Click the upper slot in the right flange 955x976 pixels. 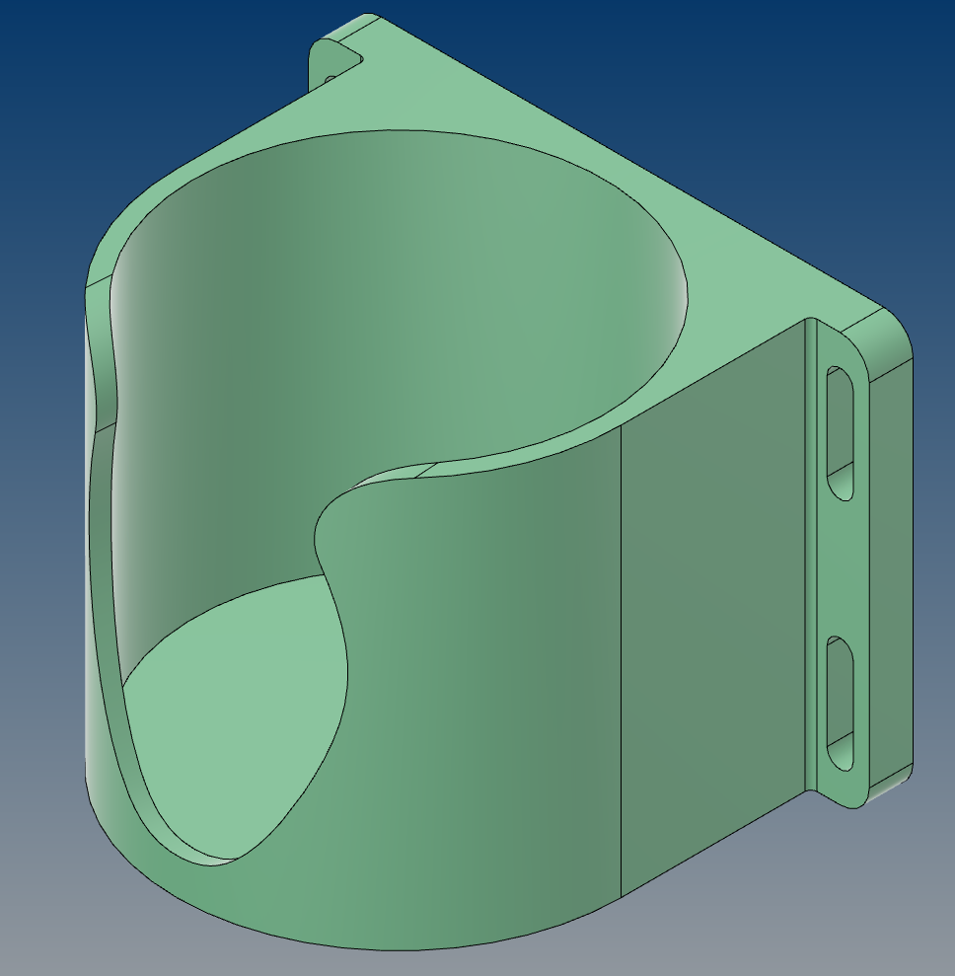coord(841,432)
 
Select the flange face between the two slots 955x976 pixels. coord(841,567)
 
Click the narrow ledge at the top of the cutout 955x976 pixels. coord(395,472)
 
